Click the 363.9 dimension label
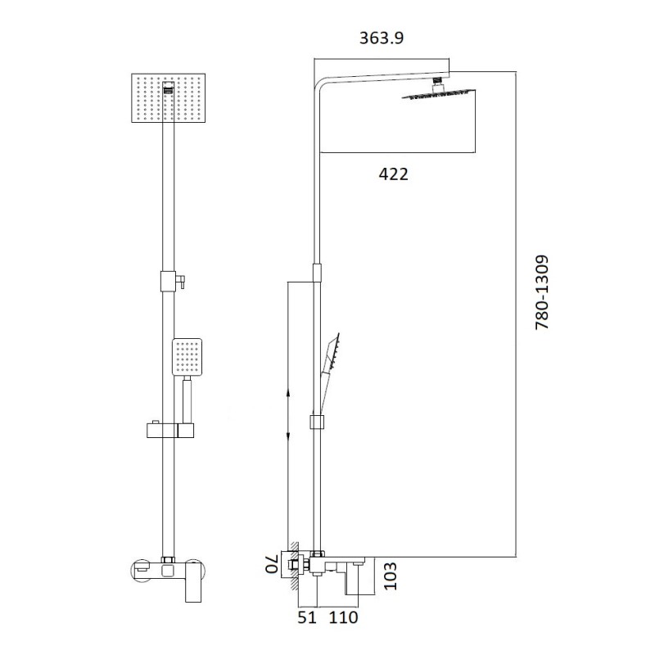382,38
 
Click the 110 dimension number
344,618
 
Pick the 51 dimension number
307,618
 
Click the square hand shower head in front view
187,357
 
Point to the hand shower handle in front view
187,401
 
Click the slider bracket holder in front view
168,430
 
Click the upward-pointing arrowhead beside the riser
289,395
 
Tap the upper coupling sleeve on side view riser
316,274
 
